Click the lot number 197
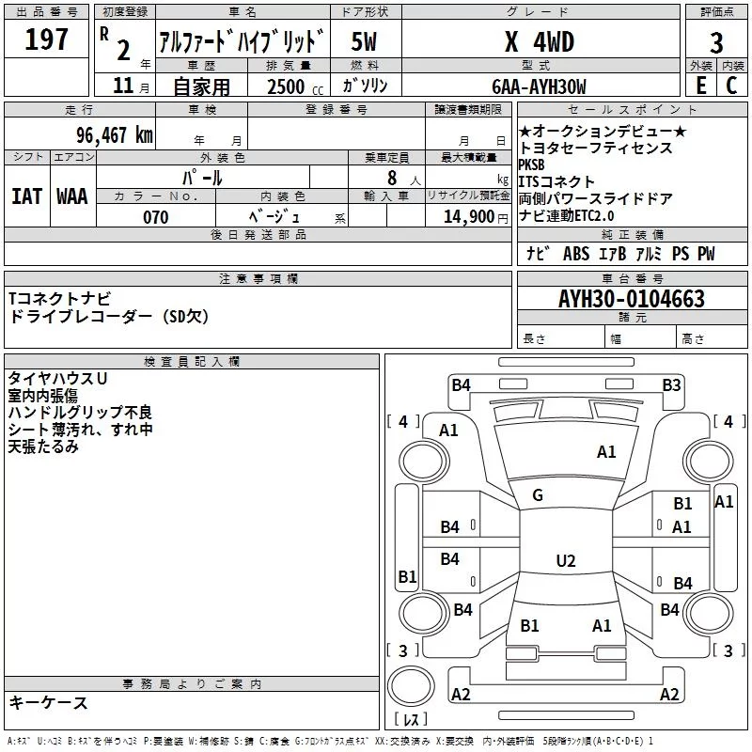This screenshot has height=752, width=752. (46, 39)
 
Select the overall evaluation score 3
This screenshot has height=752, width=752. (716, 43)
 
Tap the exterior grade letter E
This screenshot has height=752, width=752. (701, 86)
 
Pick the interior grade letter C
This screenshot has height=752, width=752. (731, 86)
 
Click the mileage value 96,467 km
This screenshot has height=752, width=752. (115, 135)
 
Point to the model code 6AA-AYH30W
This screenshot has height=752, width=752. (539, 86)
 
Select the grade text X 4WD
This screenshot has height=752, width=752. (540, 41)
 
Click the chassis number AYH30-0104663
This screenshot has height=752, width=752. (632, 299)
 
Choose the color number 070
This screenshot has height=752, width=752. (156, 217)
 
